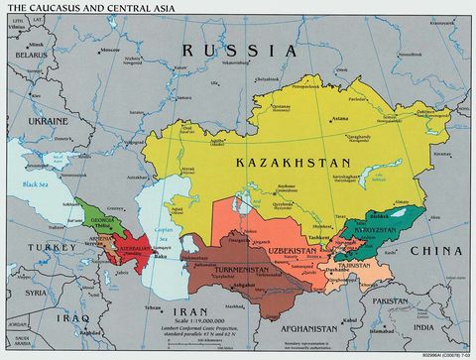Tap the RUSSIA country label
click(x=238, y=50)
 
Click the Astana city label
click(x=339, y=118)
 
